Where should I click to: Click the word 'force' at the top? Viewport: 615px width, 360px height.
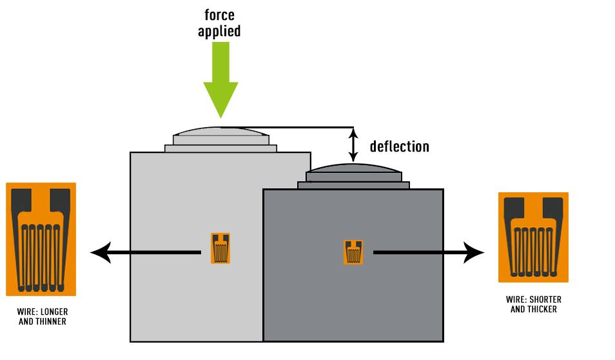point(219,14)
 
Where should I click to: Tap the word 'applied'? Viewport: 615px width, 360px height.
point(219,30)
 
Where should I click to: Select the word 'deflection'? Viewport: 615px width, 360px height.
point(399,146)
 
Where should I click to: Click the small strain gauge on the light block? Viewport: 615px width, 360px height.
point(220,248)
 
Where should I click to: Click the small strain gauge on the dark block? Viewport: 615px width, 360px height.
point(353,252)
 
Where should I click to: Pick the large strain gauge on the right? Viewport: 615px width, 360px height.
point(533,237)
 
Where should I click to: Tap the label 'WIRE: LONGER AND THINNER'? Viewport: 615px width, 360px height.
point(42,316)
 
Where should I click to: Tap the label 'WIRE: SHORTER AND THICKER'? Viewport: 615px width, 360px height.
point(534,305)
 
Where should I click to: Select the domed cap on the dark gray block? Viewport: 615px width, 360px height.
point(353,170)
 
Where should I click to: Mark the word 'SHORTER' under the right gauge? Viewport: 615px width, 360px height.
point(546,300)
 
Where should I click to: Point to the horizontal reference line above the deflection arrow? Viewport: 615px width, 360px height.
point(293,127)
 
